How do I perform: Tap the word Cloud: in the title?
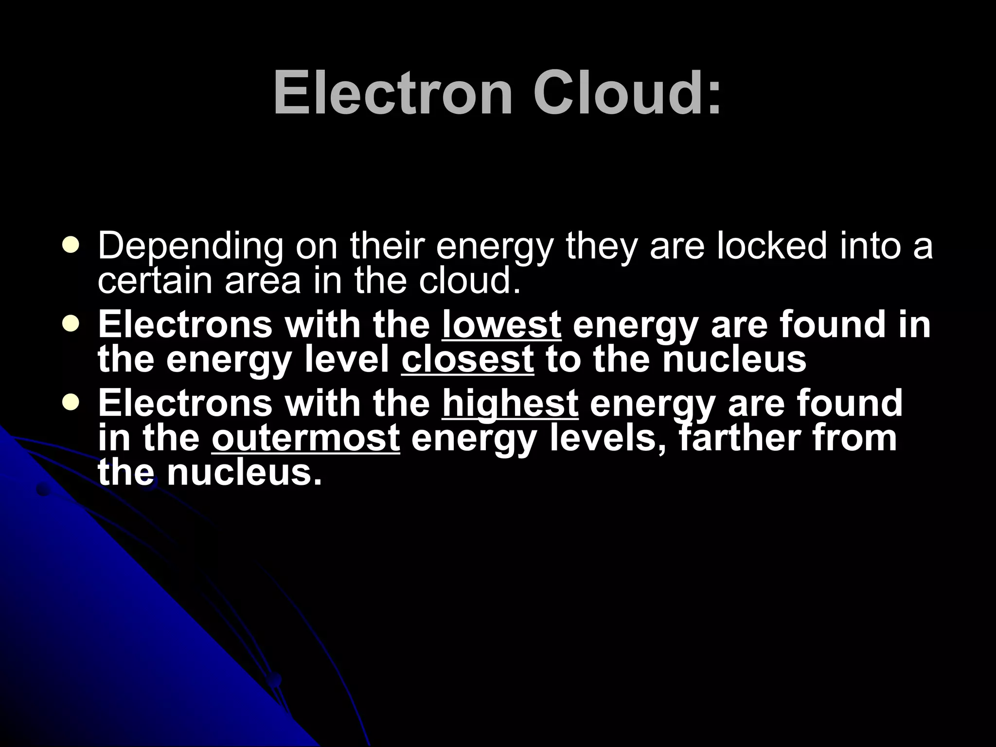[627, 93]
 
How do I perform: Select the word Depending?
[190, 247]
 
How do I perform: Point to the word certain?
[155, 281]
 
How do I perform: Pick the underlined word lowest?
[501, 324]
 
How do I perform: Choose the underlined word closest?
[467, 359]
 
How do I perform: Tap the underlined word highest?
[510, 403]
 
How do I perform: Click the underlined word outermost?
[305, 438]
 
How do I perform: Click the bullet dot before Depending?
[71, 246]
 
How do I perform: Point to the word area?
[263, 281]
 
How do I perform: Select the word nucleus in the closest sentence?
[734, 359]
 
